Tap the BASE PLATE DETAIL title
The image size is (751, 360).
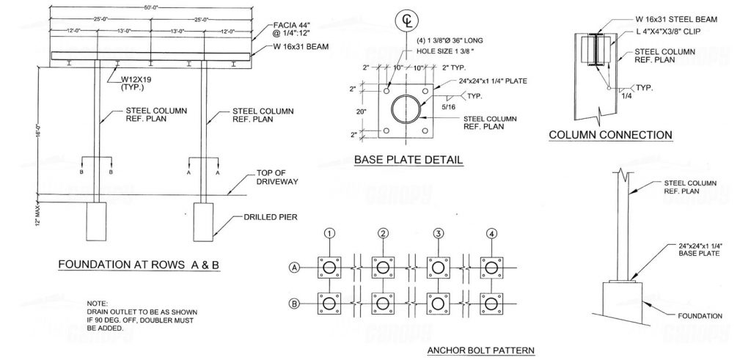click(x=408, y=160)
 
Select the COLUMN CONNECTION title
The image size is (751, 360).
click(x=611, y=135)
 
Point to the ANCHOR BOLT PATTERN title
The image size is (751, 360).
click(x=480, y=350)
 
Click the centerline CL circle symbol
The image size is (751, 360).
click(x=406, y=21)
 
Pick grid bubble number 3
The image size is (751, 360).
click(x=439, y=234)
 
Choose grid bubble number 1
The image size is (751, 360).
click(x=331, y=234)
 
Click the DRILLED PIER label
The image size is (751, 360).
click(x=265, y=218)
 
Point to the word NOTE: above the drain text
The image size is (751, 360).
click(x=97, y=304)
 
